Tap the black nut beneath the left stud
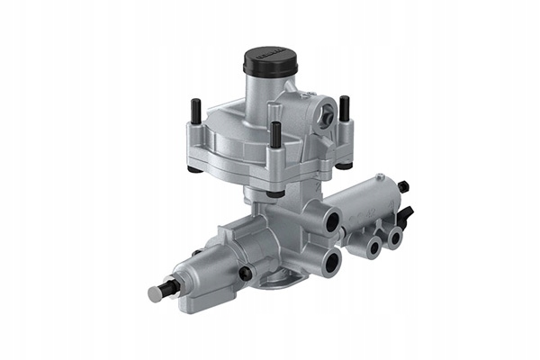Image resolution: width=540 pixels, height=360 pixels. click(x=195, y=167)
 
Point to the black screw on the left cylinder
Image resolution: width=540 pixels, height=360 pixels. click(x=244, y=273)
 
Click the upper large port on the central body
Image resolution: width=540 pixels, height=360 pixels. click(x=330, y=220)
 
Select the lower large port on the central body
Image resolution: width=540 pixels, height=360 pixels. click(x=331, y=262)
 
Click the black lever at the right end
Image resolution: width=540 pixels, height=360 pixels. click(x=408, y=216)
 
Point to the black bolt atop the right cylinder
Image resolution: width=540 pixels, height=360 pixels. click(x=401, y=187)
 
